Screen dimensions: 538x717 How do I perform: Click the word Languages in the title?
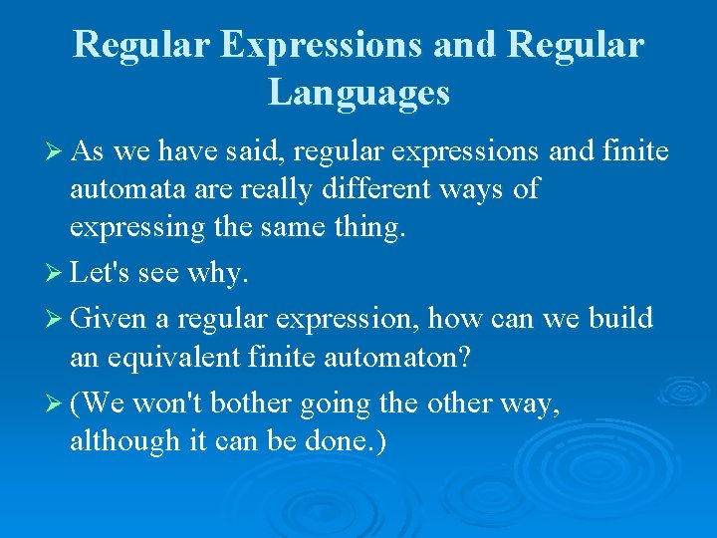pos(358,93)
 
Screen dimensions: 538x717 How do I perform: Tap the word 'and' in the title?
pos(411,45)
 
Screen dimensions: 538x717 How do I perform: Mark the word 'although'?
pos(122,439)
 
